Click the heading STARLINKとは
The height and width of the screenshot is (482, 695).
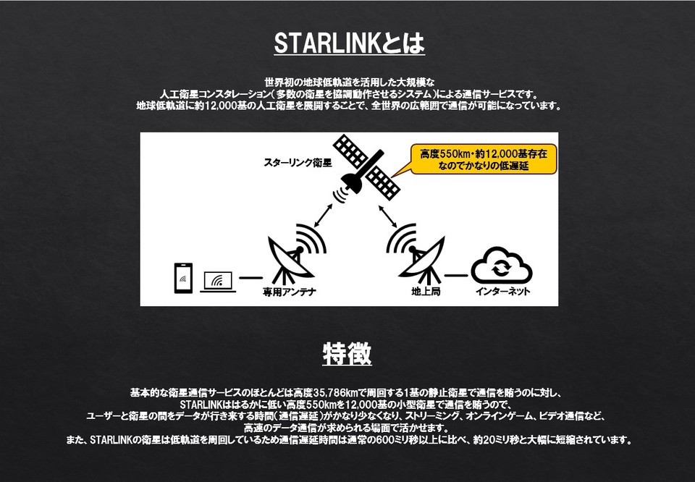pyautogui.click(x=349, y=43)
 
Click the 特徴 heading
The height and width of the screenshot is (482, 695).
pyautogui.click(x=347, y=353)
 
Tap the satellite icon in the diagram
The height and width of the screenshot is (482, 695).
pyautogui.click(x=366, y=169)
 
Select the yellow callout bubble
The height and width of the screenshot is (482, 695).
pyautogui.click(x=482, y=159)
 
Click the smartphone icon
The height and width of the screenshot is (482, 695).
pyautogui.click(x=183, y=278)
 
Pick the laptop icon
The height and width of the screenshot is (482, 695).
pyautogui.click(x=218, y=282)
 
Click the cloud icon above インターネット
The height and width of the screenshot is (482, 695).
pyautogui.click(x=501, y=266)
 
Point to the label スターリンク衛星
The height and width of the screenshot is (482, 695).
pyautogui.click(x=298, y=163)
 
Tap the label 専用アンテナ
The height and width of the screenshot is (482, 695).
pyautogui.click(x=289, y=292)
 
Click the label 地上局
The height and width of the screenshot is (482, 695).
pyautogui.click(x=426, y=292)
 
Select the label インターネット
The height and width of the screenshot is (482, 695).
pyautogui.click(x=502, y=292)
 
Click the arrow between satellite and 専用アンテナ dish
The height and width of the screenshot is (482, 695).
pyautogui.click(x=324, y=215)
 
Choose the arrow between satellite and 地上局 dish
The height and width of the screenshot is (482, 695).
pyautogui.click(x=388, y=216)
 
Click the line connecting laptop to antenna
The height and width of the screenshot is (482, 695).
pyautogui.click(x=250, y=278)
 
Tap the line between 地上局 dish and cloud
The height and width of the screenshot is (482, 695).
pyautogui.click(x=456, y=275)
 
